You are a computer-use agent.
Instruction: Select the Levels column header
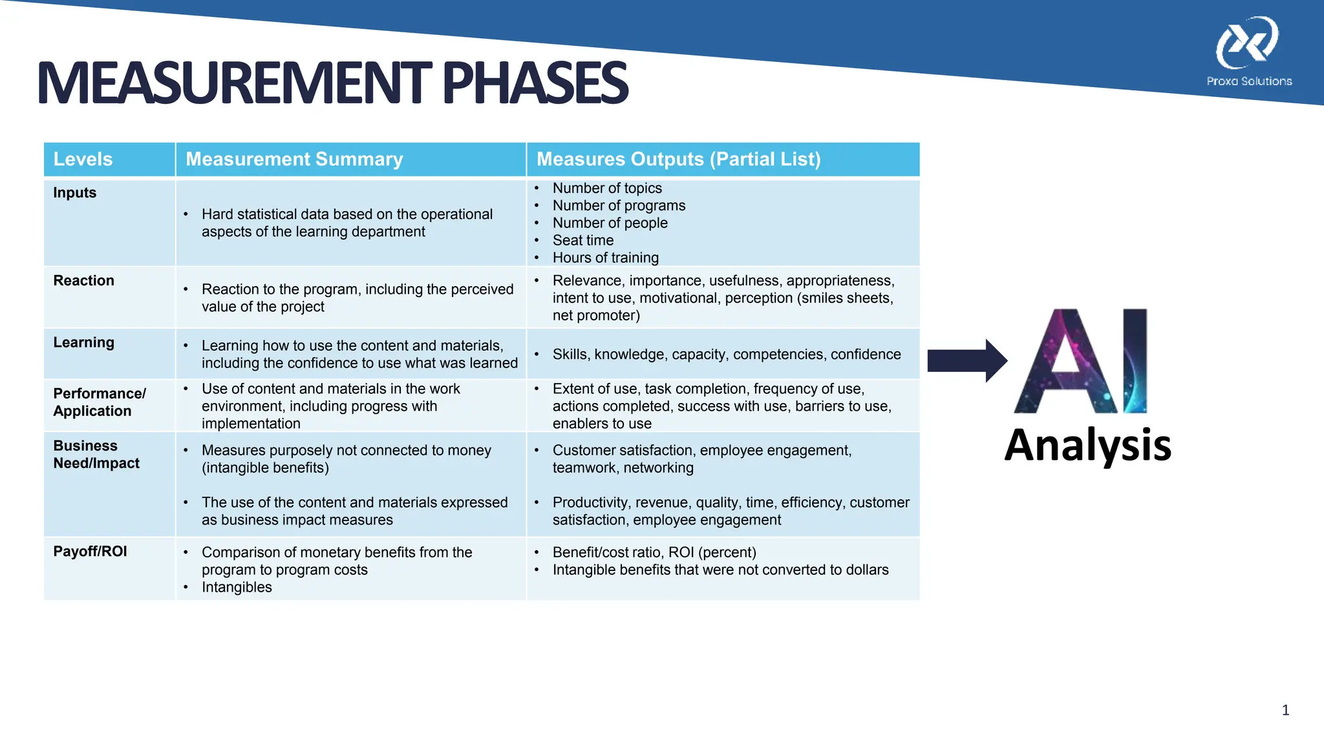coord(83,160)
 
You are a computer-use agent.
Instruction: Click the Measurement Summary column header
coord(294,160)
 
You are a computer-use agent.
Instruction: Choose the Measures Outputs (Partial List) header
coord(678,160)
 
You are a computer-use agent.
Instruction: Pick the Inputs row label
coord(74,193)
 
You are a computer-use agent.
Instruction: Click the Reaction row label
coord(83,281)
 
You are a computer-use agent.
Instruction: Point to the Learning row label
coord(83,343)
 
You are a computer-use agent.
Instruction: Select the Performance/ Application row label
coord(99,402)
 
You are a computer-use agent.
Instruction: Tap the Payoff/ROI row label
coord(90,552)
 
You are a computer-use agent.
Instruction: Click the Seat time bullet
coord(582,240)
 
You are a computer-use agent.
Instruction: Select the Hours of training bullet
coord(605,258)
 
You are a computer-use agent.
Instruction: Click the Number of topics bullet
coord(607,188)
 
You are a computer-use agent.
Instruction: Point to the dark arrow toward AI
coord(966,360)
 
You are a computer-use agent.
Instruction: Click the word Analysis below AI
coord(1087,445)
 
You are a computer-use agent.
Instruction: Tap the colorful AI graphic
coord(1080,362)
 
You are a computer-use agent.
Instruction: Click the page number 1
coord(1285,710)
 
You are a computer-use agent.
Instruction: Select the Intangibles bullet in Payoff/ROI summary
coord(237,587)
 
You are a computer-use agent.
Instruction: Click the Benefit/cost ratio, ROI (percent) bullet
coord(654,552)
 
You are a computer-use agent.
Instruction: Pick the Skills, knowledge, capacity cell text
coord(726,355)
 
